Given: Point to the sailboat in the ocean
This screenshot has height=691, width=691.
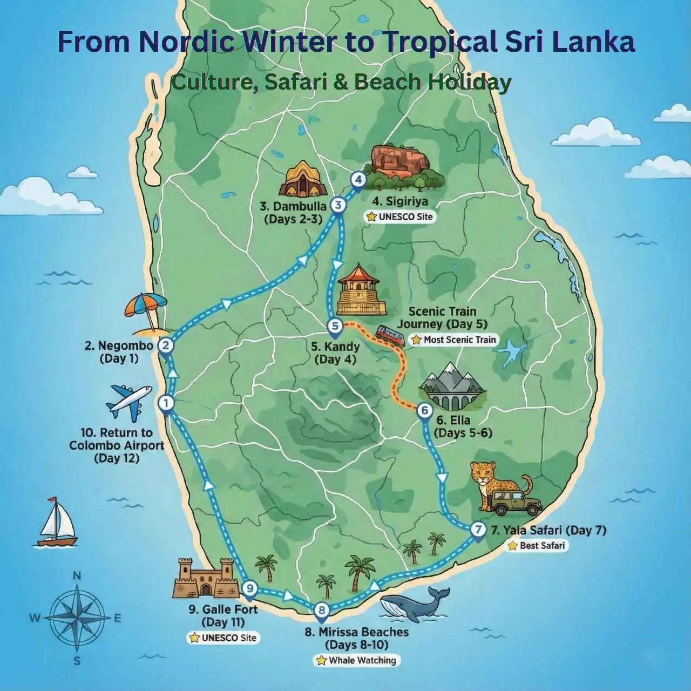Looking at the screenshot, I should click(56, 521).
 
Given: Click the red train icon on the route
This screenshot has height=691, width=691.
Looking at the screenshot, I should click(390, 335).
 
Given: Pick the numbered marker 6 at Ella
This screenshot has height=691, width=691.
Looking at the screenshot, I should click(425, 411).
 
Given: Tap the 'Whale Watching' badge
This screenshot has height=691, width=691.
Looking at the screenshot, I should click(357, 660).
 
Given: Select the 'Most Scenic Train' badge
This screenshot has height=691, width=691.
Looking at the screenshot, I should click(453, 340).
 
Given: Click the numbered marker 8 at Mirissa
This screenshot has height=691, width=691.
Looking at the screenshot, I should click(321, 611).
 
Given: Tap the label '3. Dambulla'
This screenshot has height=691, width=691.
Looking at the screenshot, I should click(293, 206).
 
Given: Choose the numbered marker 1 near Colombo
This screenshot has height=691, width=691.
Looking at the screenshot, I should click(165, 403).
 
